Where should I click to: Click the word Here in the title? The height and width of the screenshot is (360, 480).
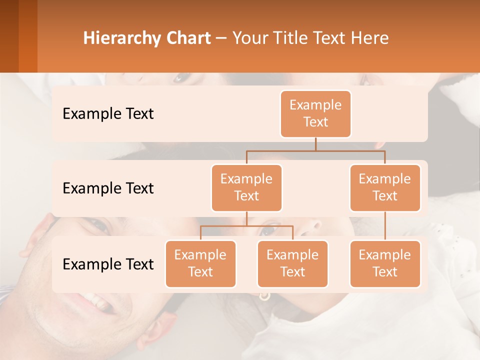point(369,38)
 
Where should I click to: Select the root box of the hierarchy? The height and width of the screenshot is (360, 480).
point(315,113)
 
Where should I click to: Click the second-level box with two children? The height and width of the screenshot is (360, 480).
point(246,187)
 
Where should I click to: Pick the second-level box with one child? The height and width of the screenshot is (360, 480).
point(385,187)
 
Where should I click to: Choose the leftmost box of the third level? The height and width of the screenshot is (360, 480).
point(200,263)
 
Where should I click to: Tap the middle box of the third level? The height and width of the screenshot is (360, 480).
point(292,263)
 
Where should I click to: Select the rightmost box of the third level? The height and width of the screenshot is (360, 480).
point(385,263)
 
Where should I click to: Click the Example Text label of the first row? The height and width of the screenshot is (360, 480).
point(108,114)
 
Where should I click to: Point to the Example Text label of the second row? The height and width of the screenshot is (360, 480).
point(108,188)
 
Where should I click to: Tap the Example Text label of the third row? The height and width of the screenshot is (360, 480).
point(108,264)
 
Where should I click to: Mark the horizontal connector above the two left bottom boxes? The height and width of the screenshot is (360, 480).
point(246,226)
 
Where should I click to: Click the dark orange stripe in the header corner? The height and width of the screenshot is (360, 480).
point(27,36)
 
